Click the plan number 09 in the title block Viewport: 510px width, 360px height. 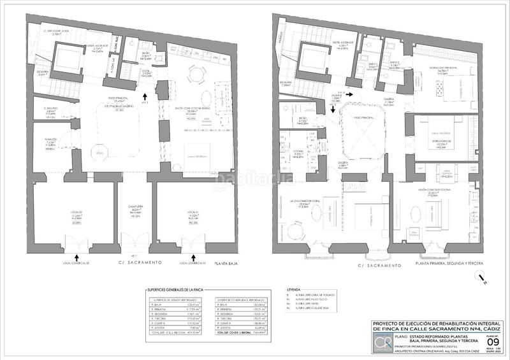coord(492,342)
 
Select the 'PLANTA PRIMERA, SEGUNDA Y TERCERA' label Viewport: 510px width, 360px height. coord(446,263)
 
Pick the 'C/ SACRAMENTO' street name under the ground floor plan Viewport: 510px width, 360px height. coord(136,263)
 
